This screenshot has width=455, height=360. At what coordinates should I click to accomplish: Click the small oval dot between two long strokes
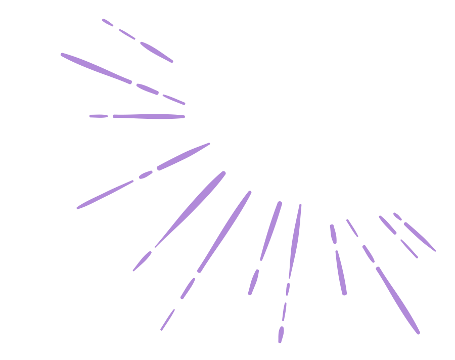point(146,174)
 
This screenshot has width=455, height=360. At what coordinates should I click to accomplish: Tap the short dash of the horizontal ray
point(99,116)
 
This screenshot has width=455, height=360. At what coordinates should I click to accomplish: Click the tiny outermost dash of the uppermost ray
point(107,22)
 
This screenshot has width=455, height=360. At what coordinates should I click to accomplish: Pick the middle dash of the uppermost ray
point(127,34)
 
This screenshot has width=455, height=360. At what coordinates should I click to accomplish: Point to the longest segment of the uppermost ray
point(157,52)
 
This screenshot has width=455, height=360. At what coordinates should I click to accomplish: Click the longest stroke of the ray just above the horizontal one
point(96,67)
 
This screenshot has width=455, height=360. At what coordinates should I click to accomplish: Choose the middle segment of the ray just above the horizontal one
point(147,89)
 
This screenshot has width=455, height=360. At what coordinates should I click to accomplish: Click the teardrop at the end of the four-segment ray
point(281,334)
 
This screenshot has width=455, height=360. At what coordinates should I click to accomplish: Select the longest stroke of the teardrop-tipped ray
point(295,240)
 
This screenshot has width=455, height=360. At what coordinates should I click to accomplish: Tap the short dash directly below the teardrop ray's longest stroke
point(288,289)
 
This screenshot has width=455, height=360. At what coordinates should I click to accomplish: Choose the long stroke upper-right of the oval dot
point(183,157)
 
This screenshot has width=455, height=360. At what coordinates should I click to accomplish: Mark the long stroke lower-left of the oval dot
point(105,194)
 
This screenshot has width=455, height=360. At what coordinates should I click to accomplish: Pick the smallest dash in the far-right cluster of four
point(397,216)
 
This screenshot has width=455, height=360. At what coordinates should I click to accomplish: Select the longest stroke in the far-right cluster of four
point(420,237)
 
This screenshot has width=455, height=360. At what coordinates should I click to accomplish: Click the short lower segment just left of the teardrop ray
point(253,282)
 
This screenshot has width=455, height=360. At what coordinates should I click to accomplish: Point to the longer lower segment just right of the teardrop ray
point(341,273)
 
